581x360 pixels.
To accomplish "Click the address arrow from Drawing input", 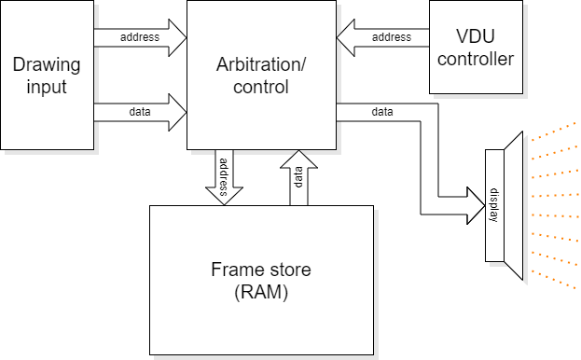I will (140, 38).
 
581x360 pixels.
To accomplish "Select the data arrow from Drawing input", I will (140, 112).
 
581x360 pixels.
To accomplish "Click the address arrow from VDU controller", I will (383, 38).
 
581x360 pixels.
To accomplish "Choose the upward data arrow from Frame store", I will (298, 177).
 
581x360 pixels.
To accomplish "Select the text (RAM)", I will (260, 291).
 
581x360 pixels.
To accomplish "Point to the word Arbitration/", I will (261, 65).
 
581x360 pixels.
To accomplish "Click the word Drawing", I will (47, 65).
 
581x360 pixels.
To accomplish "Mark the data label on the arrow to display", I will (382, 112).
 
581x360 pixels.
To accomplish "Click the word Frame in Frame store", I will (234, 270).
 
